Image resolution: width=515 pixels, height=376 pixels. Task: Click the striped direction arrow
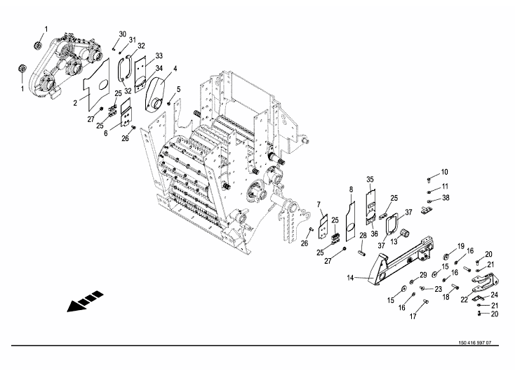[x=85, y=301]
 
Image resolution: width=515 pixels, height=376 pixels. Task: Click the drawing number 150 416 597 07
[x=475, y=343]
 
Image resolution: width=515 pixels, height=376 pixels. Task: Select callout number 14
[x=350, y=278]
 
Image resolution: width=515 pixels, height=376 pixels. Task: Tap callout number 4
[x=175, y=69]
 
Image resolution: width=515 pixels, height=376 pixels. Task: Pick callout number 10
[x=444, y=172]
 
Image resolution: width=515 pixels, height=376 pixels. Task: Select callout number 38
[x=446, y=198]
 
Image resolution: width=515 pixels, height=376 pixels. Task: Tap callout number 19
[x=461, y=246]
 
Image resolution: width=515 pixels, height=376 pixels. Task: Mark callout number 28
[x=363, y=236]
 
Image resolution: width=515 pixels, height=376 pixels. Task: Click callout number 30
[x=123, y=34]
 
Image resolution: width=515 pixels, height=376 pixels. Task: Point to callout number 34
[x=159, y=68]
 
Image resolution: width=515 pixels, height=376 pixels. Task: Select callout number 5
[x=179, y=89]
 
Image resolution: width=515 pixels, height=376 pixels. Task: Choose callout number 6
[x=106, y=133]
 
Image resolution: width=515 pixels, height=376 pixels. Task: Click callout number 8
[x=351, y=189]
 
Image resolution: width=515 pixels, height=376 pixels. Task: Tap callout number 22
[x=464, y=300]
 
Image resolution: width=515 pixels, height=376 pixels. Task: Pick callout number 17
[x=413, y=316]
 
